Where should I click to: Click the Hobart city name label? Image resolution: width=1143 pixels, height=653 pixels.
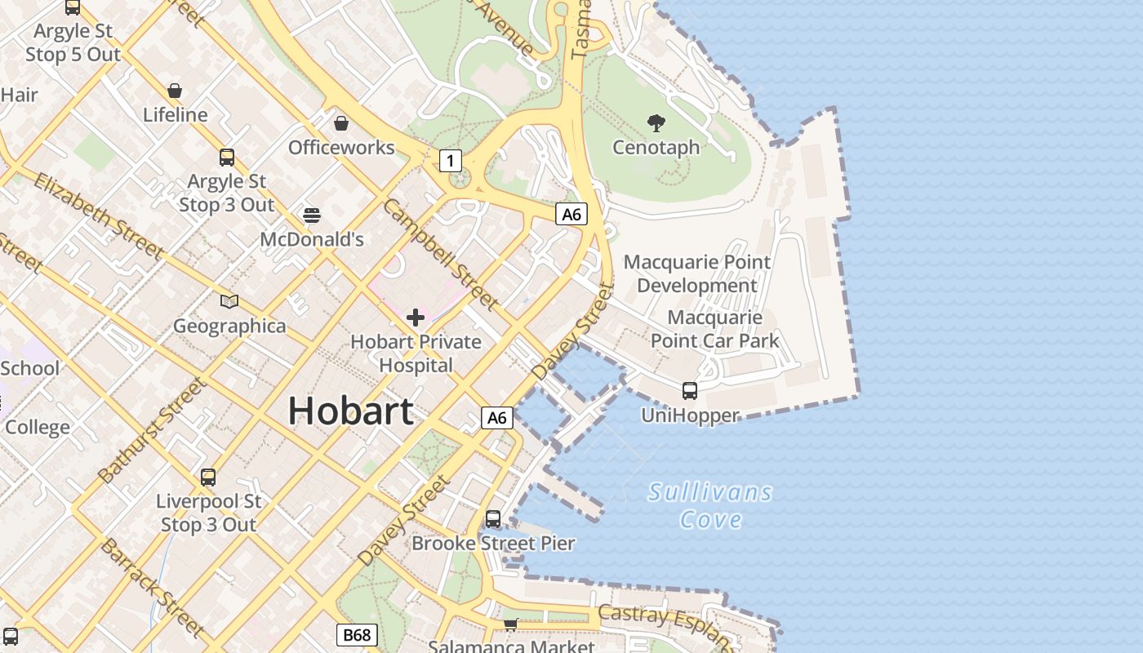point(350,410)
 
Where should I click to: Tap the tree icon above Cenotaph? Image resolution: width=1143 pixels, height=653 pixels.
point(656,123)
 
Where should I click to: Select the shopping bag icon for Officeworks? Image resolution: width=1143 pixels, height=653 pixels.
point(341,123)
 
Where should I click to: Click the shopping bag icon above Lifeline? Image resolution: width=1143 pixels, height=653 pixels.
point(175,90)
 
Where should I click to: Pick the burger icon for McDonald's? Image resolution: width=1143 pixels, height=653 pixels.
point(312,215)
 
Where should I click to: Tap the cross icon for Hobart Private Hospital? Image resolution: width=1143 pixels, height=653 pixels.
point(416,318)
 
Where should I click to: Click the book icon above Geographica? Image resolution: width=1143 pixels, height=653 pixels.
point(229,302)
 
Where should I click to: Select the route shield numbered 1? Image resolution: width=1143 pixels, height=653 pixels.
point(450,161)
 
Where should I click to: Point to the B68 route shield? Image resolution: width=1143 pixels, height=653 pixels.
point(357,635)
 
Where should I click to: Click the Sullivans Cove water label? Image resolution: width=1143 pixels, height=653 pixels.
point(710,505)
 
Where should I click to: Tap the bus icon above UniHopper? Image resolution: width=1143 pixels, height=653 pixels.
point(690,391)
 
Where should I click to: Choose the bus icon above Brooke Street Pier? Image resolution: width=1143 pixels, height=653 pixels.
point(493,519)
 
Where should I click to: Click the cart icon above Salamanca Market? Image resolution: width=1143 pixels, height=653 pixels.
point(510,624)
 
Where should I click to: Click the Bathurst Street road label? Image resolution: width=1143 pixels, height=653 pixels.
point(151,430)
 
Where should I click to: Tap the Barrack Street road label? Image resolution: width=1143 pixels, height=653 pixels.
point(152,587)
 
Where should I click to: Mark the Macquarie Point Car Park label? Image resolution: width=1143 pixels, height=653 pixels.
point(715,329)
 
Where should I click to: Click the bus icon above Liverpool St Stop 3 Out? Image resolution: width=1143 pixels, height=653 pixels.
point(208,478)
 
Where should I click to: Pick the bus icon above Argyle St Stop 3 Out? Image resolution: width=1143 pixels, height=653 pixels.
point(227,158)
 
